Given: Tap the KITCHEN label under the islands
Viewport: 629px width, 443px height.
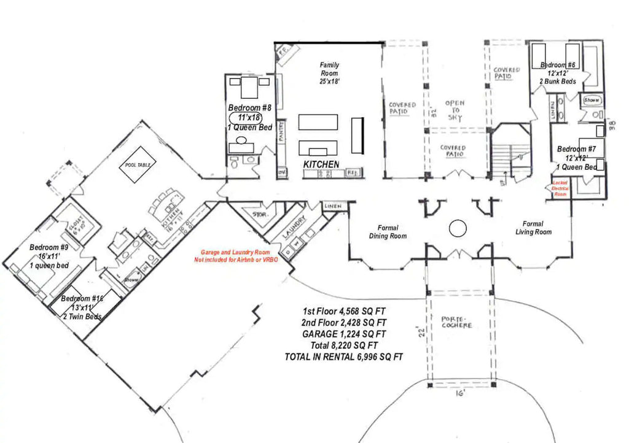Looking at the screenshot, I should [x=321, y=164].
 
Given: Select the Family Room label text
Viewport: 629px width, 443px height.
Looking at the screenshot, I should [x=329, y=73].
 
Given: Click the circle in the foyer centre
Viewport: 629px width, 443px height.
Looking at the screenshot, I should [x=457, y=229].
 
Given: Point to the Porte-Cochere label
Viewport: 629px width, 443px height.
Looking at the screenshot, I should [x=457, y=322].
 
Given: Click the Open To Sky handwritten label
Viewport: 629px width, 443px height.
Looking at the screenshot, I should [x=455, y=110].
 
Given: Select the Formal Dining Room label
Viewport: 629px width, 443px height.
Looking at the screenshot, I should [x=388, y=231].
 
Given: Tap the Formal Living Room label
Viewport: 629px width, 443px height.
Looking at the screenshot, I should [x=533, y=228].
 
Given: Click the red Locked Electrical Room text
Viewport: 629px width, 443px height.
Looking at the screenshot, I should [x=560, y=188].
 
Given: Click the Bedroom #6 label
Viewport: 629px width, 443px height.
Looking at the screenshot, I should [x=557, y=66].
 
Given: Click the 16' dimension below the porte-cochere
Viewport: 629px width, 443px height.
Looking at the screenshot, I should [x=461, y=395].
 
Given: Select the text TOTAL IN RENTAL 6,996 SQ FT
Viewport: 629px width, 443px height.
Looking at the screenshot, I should [x=344, y=357].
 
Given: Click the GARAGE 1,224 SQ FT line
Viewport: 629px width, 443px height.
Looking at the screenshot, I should [x=344, y=334].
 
